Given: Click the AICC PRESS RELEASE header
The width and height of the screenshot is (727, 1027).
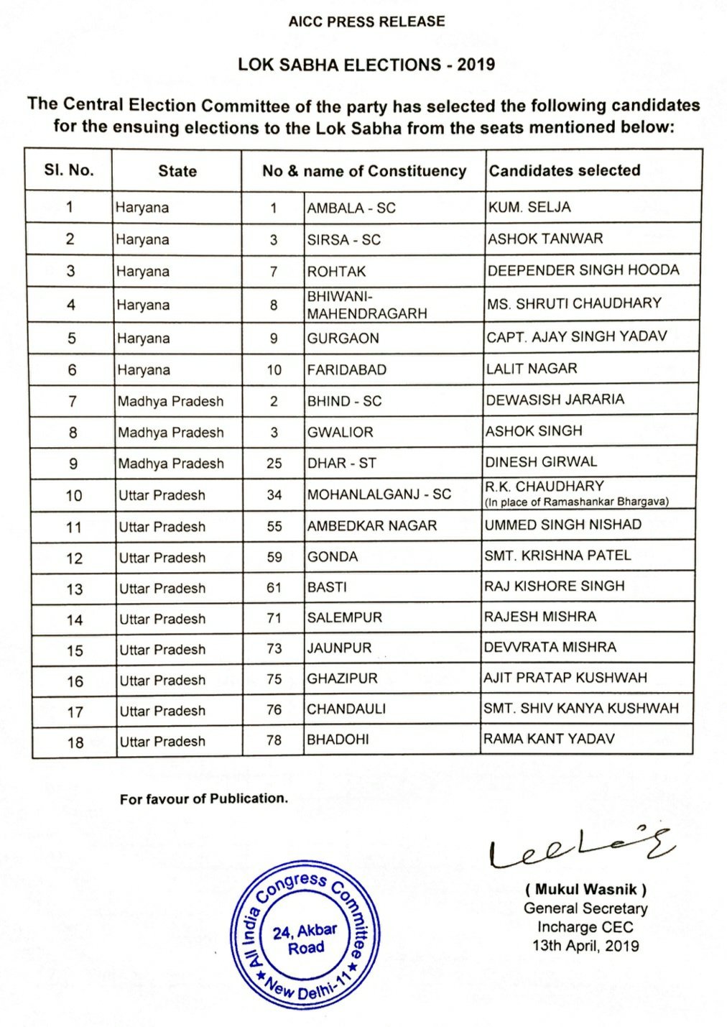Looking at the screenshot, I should coord(366,22).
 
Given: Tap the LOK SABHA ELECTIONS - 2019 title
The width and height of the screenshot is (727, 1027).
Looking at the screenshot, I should coord(366,65).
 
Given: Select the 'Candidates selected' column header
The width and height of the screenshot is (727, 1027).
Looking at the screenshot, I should coord(565,170).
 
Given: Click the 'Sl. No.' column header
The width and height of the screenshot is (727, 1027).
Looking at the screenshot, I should coord(68,170).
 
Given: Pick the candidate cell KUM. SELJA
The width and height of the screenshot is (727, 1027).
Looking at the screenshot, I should coord(529,207).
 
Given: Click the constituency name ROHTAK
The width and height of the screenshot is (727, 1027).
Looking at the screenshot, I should coord(336,272).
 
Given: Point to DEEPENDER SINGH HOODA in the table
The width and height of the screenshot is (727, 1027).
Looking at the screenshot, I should coord(583,270).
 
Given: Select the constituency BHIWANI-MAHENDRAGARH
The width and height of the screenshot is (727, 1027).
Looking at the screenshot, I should coord(366,305).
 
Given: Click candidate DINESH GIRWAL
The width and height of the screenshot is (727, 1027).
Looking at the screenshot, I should coord(541,461).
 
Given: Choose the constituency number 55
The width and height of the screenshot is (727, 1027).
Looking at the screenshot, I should coord(274,526).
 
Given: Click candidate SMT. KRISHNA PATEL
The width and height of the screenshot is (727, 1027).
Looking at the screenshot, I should coord(557,556).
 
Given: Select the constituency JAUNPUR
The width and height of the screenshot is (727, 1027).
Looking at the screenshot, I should coord(339,648).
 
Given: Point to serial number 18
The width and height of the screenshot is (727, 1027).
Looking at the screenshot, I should coord(75,742).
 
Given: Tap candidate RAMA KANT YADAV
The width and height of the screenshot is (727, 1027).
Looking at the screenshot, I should coord(549,739).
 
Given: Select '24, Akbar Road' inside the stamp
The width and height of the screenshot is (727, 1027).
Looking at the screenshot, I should coord(305,939).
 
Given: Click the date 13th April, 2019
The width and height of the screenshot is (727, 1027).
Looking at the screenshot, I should coord(585,946).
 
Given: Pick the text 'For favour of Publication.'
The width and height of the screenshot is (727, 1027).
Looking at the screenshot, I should coord(203,798).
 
